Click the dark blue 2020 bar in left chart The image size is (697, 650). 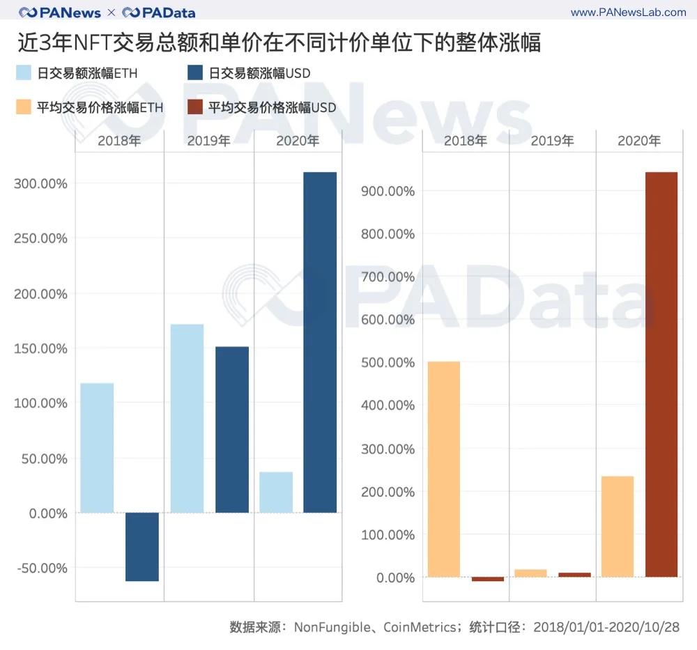[320, 342]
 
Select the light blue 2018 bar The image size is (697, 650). [97, 448]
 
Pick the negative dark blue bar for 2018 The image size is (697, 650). [141, 547]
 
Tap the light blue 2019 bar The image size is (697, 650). [187, 419]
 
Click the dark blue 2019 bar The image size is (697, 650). [231, 430]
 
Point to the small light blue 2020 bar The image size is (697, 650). [276, 493]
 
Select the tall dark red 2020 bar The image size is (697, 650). [661, 374]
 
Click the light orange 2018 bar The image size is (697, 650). [443, 469]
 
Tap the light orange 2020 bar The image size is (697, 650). [617, 527]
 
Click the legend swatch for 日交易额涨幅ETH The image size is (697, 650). [24, 73]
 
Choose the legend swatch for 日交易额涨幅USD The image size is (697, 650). [195, 73]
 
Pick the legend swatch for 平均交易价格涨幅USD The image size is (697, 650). [195, 107]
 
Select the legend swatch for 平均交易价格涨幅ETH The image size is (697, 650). [24, 107]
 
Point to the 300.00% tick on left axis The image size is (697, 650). [40, 184]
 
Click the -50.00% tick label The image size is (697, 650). [40, 568]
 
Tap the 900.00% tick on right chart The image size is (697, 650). [388, 192]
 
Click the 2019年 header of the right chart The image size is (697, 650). [552, 141]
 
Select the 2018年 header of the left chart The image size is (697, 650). [119, 141]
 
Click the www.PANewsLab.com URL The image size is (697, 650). [628, 13]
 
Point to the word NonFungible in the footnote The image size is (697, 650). [332, 627]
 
